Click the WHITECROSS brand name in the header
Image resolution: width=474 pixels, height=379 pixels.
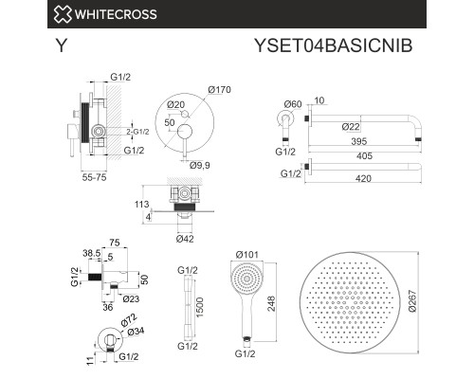click(116, 14)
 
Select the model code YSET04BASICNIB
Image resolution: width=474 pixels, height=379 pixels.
click(334, 45)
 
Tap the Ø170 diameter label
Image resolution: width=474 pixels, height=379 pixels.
click(219, 90)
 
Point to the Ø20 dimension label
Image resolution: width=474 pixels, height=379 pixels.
click(176, 104)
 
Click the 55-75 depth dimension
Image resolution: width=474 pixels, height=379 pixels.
click(94, 177)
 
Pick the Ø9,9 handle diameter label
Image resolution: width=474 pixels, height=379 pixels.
click(200, 165)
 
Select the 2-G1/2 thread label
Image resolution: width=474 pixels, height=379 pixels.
click(137, 132)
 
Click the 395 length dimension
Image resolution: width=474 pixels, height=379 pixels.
click(359, 141)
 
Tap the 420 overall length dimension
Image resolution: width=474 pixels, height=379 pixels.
click(363, 179)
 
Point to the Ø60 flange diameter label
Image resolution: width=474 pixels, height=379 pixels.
click(293, 104)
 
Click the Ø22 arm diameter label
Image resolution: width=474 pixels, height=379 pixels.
click(351, 127)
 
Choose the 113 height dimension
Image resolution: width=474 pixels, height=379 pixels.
click(141, 205)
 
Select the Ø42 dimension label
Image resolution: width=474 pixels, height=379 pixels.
click(185, 239)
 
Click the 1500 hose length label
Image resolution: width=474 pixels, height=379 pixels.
click(200, 308)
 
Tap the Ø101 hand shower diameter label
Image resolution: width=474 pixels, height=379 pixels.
click(247, 254)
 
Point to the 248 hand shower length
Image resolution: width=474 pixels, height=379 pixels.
click(271, 304)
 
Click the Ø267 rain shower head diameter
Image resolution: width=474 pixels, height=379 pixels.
click(412, 301)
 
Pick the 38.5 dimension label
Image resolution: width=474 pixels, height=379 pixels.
click(92, 253)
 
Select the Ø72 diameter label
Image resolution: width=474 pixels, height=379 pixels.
click(129, 319)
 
